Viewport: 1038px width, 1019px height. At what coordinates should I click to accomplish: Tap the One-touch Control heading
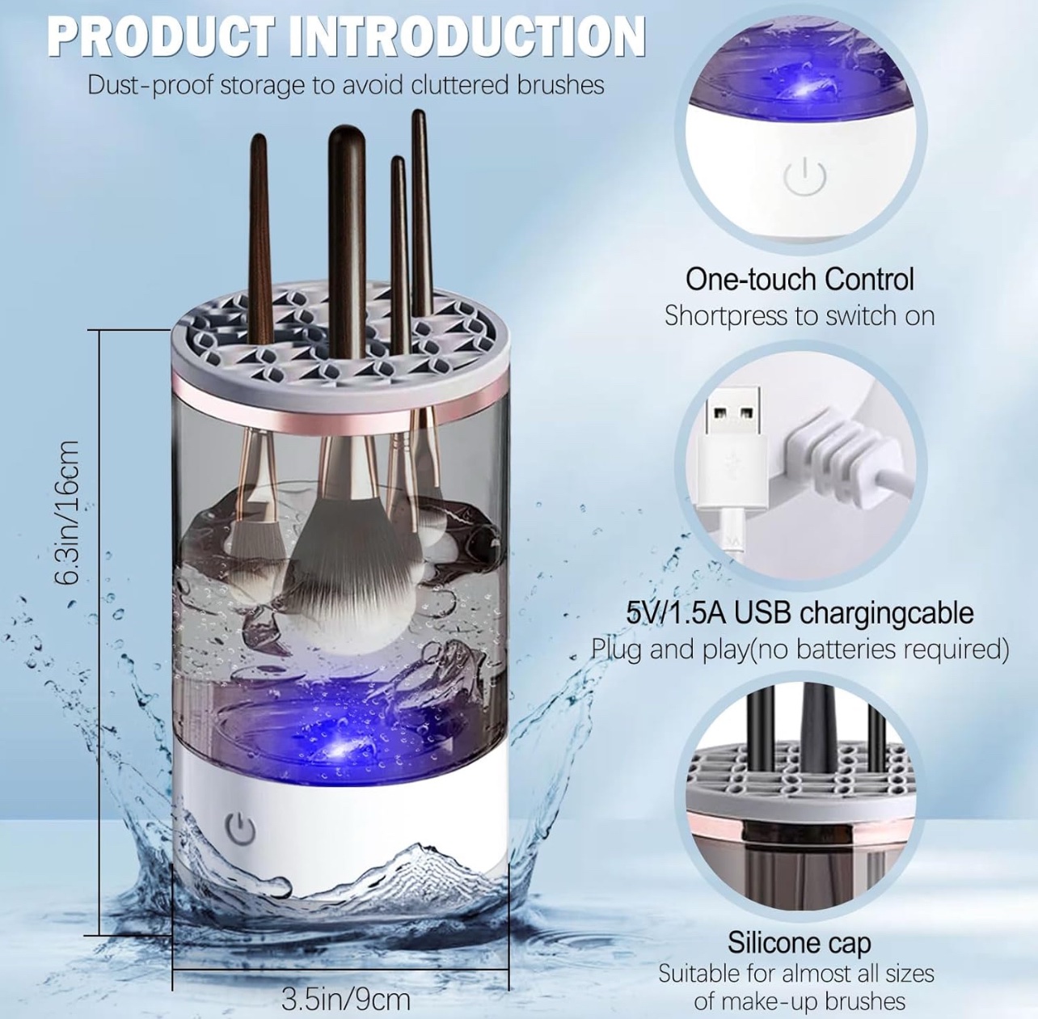800,279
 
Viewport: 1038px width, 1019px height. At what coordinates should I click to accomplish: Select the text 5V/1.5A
675,613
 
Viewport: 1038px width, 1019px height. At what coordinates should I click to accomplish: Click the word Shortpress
725,315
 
